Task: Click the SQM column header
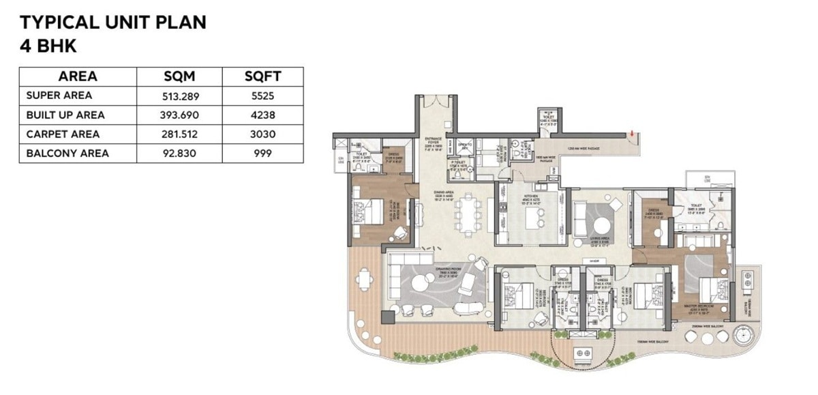(181, 76)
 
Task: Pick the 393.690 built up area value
(181, 115)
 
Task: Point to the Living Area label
(600, 239)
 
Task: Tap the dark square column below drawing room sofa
(387, 317)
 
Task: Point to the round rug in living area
(603, 226)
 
